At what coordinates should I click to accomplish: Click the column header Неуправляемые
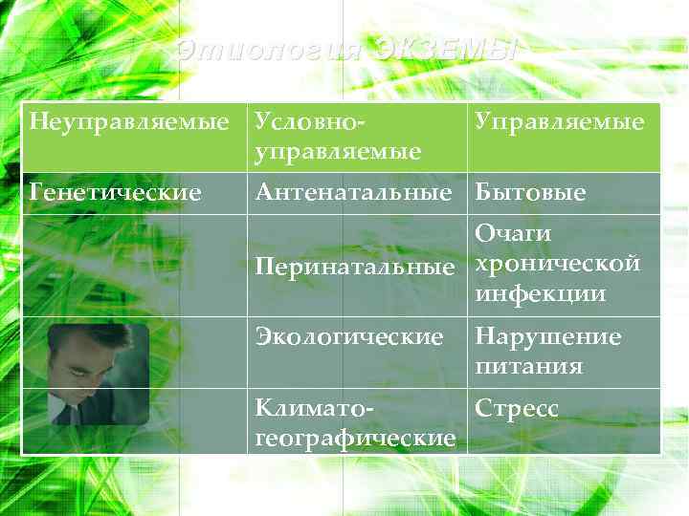pos(129,123)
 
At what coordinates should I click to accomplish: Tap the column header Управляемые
pos(560,123)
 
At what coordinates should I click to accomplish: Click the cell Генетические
pos(116,193)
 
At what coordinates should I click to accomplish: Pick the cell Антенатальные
pos(352,193)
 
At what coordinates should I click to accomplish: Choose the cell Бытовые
pos(530,193)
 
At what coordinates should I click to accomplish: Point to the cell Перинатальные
pos(354,268)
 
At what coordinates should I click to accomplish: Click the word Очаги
pos(513,234)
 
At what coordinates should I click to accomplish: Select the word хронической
pos(557,263)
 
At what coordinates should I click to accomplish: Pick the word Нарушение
pos(548,336)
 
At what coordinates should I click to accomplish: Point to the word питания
pos(529,365)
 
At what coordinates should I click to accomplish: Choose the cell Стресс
pos(517,408)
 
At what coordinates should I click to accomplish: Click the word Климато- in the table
pos(313,408)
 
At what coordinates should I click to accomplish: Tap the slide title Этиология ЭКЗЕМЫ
pos(346,51)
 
